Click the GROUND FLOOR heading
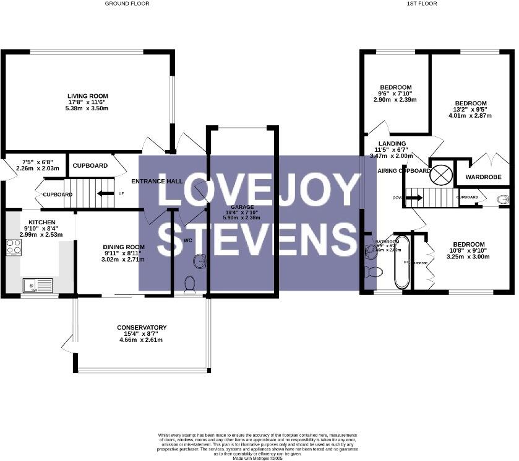tap(127, 4)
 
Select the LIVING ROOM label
tap(88, 96)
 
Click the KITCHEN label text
tap(42, 222)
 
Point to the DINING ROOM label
tap(124, 247)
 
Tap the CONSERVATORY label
tap(142, 328)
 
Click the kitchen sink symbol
tap(38, 286)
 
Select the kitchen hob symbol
tap(13, 248)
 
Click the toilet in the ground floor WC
tap(190, 283)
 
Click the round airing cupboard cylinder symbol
tap(441, 174)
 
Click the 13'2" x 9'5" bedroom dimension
tap(471, 110)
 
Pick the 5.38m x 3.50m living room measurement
tap(88, 108)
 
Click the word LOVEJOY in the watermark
tap(259, 191)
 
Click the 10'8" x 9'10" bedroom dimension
tap(468, 250)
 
